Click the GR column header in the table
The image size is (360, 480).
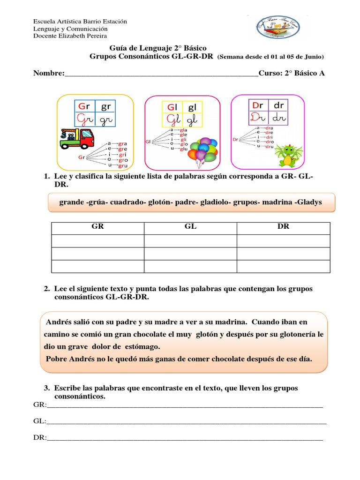97,226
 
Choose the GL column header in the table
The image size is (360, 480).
190,226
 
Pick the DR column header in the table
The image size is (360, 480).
283,226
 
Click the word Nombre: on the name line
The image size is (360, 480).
48,73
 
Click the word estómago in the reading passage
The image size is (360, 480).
140,347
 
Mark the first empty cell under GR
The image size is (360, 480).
97,240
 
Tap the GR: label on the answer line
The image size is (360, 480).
40,405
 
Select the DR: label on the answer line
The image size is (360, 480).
40,437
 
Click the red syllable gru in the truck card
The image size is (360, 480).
123,165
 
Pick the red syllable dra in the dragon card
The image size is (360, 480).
269,127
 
